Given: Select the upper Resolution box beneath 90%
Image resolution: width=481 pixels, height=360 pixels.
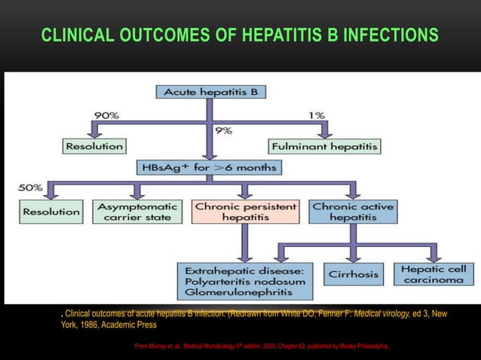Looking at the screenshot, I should tap(94, 145).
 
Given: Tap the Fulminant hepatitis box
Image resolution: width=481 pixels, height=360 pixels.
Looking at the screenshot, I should tap(324, 145).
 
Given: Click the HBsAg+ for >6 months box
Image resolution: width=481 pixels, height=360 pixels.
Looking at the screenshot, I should tap(207, 167).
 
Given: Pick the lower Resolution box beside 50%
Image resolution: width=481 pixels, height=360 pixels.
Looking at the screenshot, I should tap(51, 212).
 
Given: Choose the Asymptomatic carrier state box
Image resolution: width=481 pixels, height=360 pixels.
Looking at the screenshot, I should tap(137, 212).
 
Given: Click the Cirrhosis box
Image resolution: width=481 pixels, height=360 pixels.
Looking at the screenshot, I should tap(354, 274).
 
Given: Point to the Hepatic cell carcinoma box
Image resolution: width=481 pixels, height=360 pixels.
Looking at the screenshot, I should tap(434, 274).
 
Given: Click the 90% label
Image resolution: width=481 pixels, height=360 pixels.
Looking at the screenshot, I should tap(105, 115).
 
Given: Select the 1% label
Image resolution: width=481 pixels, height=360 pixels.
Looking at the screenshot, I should tap(316, 115).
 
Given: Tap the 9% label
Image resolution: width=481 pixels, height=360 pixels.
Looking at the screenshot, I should tap(224, 130).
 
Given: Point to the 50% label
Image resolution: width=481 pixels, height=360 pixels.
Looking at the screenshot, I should tap(31, 187).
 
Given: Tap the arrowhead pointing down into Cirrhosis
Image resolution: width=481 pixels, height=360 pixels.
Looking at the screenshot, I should tap(354, 257).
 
